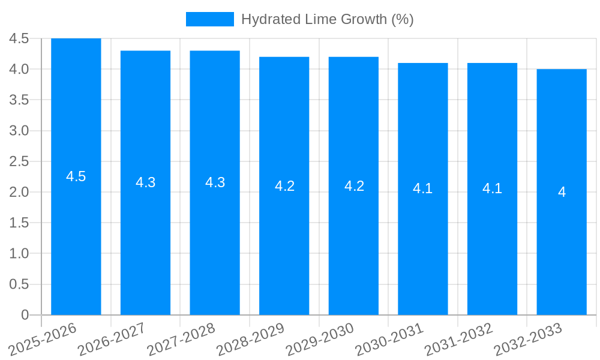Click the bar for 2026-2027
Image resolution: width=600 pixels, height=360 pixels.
(145, 240)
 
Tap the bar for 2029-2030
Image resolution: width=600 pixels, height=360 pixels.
(353, 240)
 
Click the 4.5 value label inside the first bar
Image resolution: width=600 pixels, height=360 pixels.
(76, 176)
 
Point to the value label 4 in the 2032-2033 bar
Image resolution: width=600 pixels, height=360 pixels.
(562, 192)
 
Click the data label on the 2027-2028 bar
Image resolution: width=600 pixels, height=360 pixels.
(215, 182)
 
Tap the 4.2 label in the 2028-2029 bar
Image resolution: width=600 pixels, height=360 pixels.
(284, 186)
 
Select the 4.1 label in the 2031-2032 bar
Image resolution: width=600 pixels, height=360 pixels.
(492, 188)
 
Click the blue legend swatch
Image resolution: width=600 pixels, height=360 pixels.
(209, 19)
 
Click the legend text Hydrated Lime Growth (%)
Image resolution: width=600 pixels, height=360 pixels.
(327, 19)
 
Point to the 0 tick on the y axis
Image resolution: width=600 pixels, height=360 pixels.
(25, 315)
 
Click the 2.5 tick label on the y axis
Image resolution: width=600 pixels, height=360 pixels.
(19, 161)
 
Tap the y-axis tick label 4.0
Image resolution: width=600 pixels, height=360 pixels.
(19, 69)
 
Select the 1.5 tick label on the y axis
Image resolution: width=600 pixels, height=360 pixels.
(19, 223)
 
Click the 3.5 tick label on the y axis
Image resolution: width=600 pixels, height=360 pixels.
(19, 100)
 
